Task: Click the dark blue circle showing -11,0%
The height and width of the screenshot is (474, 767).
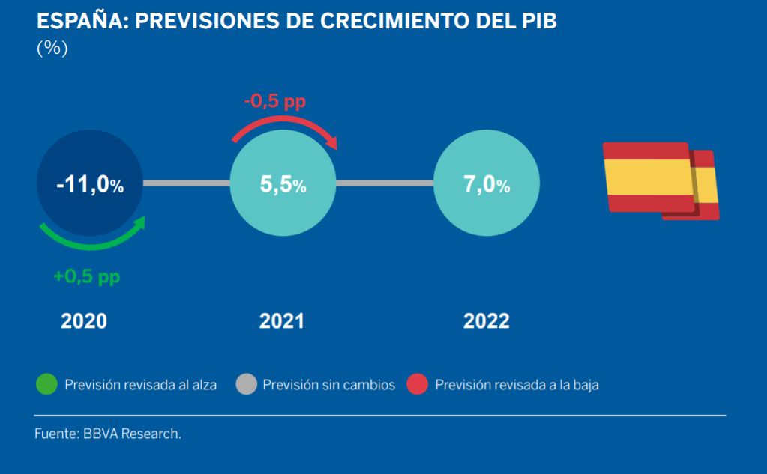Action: pos(90,183)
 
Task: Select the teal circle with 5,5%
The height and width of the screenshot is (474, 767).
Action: pos(283,183)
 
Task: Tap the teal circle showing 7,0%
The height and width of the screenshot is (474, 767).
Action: pos(487,183)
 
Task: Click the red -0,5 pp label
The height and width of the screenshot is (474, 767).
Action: pos(275,101)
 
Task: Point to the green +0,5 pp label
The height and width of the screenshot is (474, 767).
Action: pos(86,276)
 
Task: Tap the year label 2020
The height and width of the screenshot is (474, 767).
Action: pos(84,321)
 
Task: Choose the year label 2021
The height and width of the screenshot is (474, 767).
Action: pos(282,321)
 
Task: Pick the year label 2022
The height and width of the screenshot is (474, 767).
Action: pos(487,321)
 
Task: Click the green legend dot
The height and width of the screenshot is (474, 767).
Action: pos(47,384)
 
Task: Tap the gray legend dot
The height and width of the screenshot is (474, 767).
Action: pos(247,384)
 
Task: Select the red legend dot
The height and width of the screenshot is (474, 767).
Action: pos(418,384)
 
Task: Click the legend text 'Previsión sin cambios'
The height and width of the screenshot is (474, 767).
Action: pos(328,385)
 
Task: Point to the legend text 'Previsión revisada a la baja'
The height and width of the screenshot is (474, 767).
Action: pos(517,385)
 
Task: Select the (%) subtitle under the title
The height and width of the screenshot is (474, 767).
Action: pos(52,48)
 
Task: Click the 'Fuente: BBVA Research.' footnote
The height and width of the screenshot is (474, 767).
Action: pos(108,434)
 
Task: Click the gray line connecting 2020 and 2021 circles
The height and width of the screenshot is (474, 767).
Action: pos(187,183)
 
